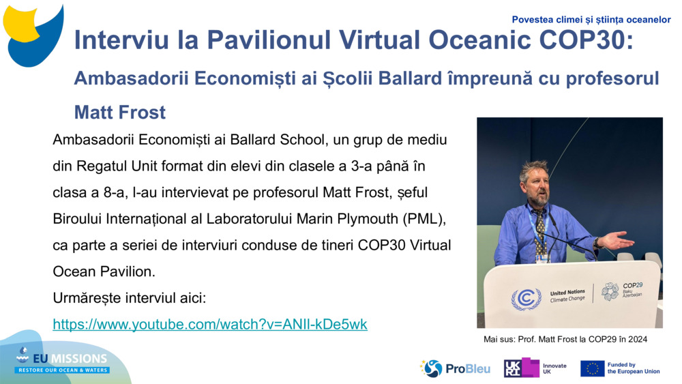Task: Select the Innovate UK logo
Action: [535, 368]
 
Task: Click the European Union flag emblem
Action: [592, 368]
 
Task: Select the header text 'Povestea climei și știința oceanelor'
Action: [591, 20]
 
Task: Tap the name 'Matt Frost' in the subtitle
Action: [120, 111]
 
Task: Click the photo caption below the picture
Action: [565, 338]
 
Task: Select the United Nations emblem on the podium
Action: [526, 298]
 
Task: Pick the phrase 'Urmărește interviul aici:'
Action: [129, 298]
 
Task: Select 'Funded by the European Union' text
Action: [633, 368]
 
